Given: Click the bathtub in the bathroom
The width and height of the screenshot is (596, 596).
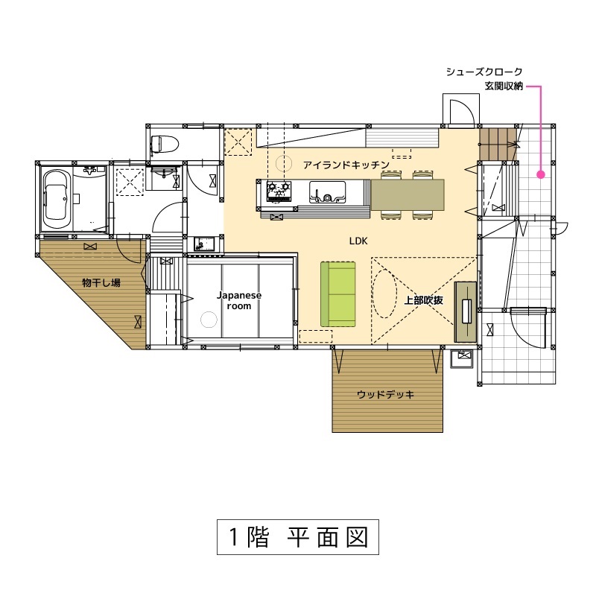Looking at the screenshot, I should point(57,198).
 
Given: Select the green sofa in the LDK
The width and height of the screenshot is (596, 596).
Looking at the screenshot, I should point(338,294).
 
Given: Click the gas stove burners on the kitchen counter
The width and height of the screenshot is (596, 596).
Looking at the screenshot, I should point(279,192).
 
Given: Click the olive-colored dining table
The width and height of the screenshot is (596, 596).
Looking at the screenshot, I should point(407,194).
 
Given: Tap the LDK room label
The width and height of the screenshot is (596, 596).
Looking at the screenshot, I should point(358,241).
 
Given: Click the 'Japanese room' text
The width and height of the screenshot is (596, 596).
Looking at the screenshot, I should point(239,300).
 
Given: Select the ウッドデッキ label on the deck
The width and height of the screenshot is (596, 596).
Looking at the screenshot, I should point(385,394).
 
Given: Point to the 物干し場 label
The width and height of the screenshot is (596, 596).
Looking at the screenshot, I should point(101,282).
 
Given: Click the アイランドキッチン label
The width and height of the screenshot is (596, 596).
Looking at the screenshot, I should point(346,164).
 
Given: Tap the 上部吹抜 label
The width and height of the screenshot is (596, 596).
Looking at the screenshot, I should point(424,300).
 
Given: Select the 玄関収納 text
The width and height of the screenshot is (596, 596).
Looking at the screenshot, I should point(503,86).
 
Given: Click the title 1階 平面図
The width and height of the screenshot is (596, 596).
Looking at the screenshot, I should point(298,536).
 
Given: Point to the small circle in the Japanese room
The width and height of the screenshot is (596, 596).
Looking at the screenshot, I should point(209,320).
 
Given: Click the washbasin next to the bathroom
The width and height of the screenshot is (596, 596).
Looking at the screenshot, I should point(165,176).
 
